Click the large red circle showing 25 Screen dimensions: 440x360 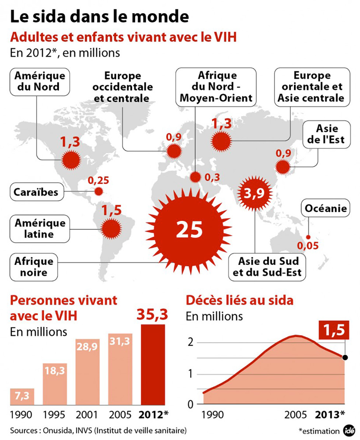tap(189, 229)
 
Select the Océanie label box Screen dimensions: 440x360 tap(326, 209)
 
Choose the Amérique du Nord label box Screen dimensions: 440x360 tap(39, 81)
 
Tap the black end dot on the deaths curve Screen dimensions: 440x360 tap(345, 357)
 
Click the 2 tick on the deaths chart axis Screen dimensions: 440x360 tap(190, 343)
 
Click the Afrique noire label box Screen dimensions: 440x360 tap(34, 266)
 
